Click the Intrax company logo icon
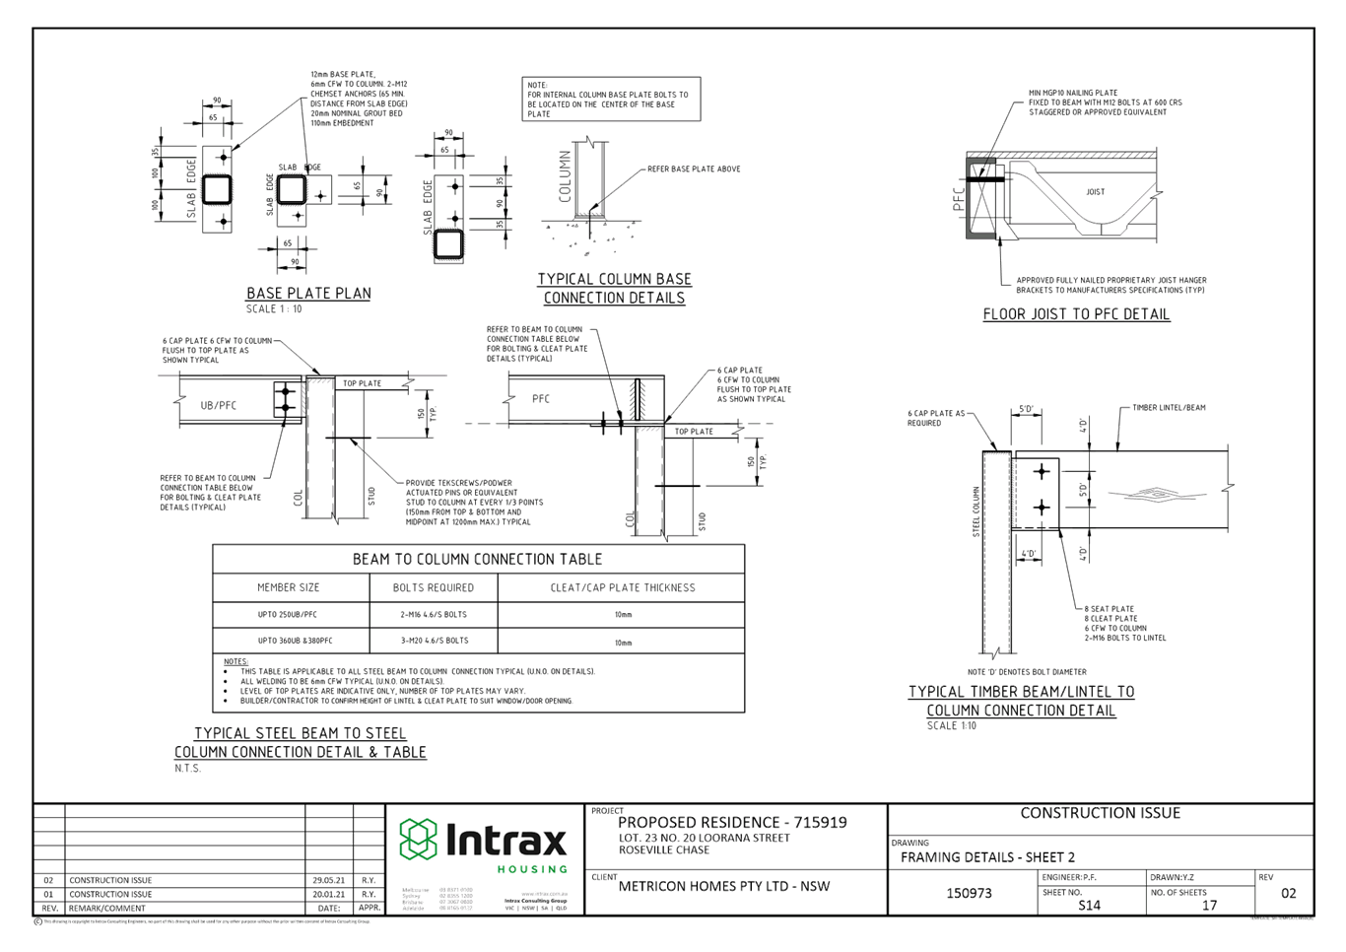[x=417, y=839]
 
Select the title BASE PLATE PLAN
[x=307, y=293]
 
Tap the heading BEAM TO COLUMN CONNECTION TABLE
[x=477, y=559]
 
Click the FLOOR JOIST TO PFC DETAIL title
[x=1076, y=314]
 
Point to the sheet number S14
[x=1089, y=904]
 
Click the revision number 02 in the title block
[x=1288, y=893]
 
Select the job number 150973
[x=969, y=893]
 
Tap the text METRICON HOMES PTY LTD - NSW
[x=724, y=886]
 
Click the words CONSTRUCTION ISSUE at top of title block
[x=1100, y=813]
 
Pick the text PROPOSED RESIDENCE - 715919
[x=732, y=822]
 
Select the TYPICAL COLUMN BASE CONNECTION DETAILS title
[x=614, y=288]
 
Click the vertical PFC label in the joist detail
[x=959, y=201]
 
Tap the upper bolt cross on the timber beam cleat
[x=1042, y=473]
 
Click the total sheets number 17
[x=1210, y=904]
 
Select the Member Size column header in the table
[x=289, y=587]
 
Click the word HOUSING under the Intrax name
[x=532, y=868]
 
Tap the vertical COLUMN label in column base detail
[x=567, y=175]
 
